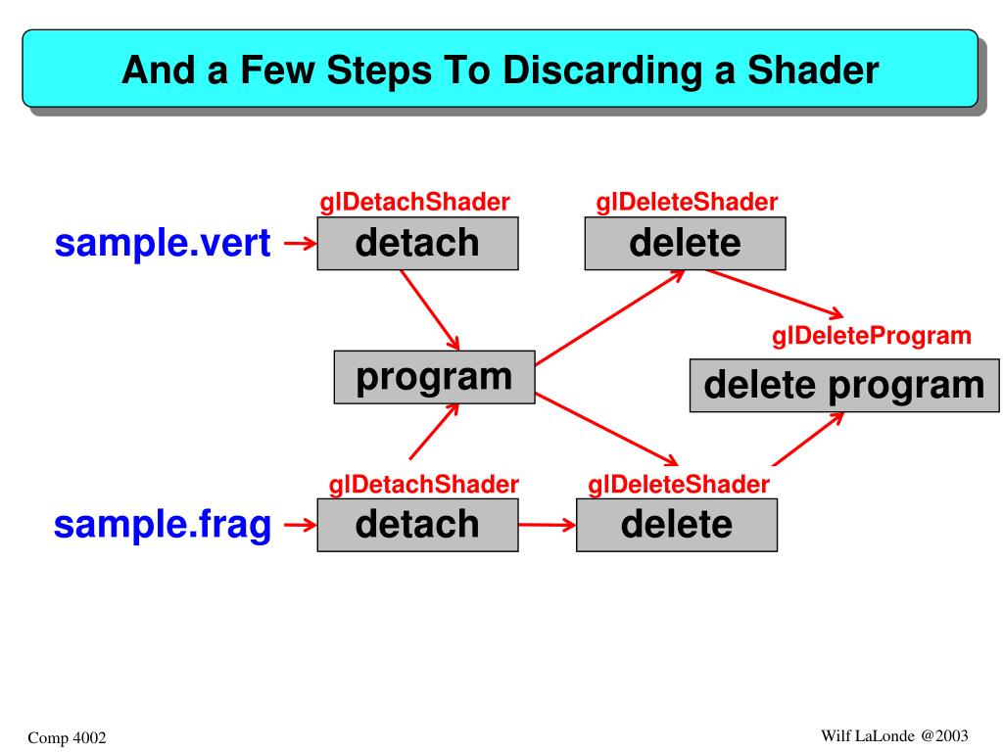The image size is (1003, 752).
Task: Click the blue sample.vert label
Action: (163, 244)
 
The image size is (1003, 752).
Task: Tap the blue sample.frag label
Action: (163, 525)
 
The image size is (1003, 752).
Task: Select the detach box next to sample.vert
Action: (418, 243)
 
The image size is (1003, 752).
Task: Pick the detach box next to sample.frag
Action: (418, 525)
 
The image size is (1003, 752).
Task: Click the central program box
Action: (434, 377)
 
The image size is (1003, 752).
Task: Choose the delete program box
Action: (844, 385)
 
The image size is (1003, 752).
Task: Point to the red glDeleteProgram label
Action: (872, 337)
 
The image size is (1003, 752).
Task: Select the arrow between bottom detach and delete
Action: (547, 526)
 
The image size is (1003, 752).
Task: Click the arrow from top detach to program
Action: (430, 309)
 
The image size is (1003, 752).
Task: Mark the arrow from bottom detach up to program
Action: (434, 432)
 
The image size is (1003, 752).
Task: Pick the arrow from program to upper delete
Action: (609, 318)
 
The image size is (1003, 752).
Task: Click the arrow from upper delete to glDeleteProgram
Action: (774, 293)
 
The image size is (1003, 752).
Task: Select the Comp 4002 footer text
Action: (67, 735)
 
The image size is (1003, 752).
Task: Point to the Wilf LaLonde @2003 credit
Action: (894, 734)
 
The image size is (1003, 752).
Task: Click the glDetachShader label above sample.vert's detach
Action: (415, 203)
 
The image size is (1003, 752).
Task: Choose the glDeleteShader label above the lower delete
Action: (678, 484)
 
